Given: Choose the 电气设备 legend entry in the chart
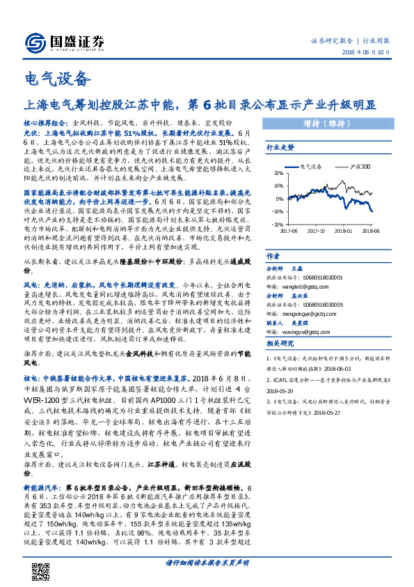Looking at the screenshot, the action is (309, 167).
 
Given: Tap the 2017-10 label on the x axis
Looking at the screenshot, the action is (317, 229).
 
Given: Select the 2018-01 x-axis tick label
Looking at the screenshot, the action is (343, 229).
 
